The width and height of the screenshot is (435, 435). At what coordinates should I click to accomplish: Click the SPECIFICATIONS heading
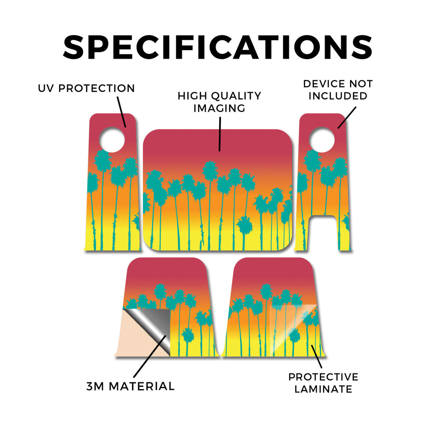(217, 47)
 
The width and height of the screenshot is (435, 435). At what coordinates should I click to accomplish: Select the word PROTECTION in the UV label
(96, 88)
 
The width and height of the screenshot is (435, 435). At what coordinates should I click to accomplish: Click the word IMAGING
(219, 108)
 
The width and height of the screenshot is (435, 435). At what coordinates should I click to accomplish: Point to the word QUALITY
(236, 96)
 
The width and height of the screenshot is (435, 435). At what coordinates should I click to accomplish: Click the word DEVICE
(324, 84)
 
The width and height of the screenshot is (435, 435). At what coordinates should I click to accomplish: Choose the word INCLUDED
(338, 96)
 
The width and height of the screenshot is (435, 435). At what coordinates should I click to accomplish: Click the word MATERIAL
(141, 386)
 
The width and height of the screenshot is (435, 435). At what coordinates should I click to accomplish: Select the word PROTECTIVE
(323, 377)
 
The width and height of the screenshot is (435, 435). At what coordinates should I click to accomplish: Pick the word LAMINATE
(323, 389)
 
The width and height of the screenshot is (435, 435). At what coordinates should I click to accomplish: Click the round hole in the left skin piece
(112, 140)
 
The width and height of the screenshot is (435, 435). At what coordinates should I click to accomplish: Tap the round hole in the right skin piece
(322, 140)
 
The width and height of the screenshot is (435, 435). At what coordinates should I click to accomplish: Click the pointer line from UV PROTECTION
(121, 112)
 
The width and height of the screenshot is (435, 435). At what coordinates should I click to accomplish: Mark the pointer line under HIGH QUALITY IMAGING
(220, 134)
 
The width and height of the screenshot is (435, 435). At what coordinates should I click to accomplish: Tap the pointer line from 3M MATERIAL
(150, 356)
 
